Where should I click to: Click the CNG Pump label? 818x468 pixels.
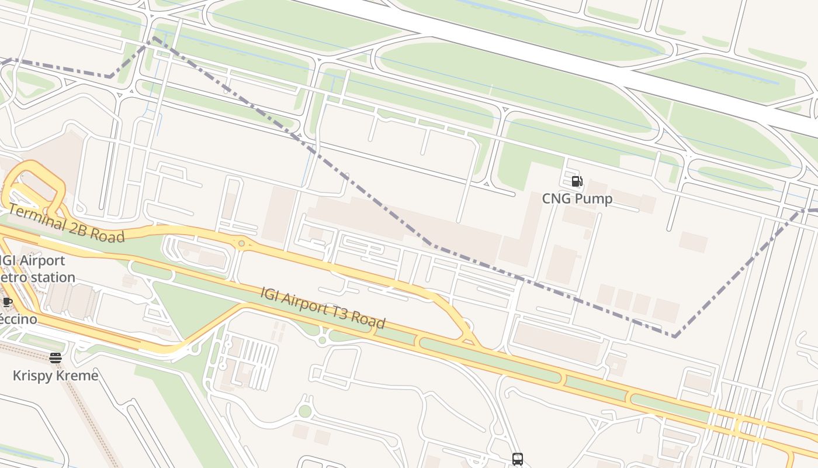coord(577,199)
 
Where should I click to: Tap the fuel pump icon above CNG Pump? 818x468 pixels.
coord(577,181)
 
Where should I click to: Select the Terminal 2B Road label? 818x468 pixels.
coord(66,223)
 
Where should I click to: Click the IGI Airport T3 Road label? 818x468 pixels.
coord(323,308)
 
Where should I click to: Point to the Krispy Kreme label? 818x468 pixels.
coord(56,376)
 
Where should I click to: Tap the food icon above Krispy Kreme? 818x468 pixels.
coord(56,358)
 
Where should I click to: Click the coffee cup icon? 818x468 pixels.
coord(7,302)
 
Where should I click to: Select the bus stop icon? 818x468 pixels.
coord(517,459)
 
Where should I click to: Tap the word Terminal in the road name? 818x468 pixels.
coord(37,216)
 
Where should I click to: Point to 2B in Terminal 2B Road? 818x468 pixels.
coord(82,227)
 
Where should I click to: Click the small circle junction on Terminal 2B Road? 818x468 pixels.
coord(241,243)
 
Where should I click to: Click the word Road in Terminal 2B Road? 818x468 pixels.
coord(110,235)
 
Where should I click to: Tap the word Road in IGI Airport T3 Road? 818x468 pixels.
coord(369,320)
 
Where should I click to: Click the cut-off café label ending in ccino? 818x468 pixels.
coord(18,319)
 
